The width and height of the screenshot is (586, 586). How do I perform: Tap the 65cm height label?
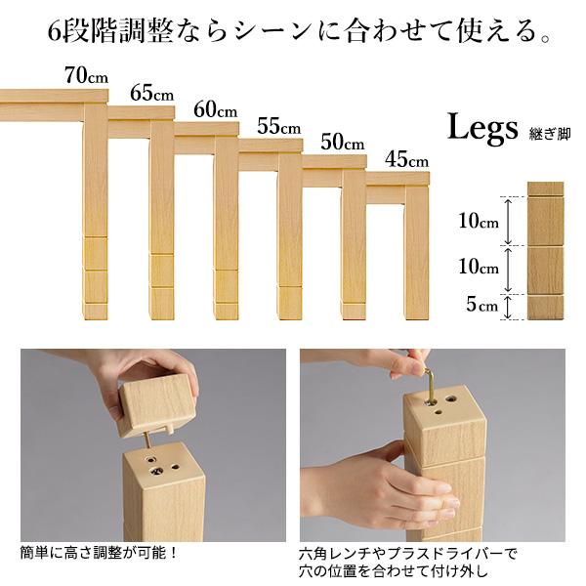tap(150, 94)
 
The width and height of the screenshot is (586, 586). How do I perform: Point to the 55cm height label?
tap(278, 126)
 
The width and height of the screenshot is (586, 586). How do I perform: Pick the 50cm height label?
tap(342, 142)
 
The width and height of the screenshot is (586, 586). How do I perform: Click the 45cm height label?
tap(405, 158)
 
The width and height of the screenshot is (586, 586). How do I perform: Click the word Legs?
tap(484, 128)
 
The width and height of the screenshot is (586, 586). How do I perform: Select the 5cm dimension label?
tap(481, 306)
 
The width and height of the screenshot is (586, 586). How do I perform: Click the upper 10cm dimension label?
tap(481, 221)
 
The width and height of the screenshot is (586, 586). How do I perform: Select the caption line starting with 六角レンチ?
tap(408, 553)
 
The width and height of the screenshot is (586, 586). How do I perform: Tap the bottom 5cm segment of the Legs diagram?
tap(546, 308)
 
